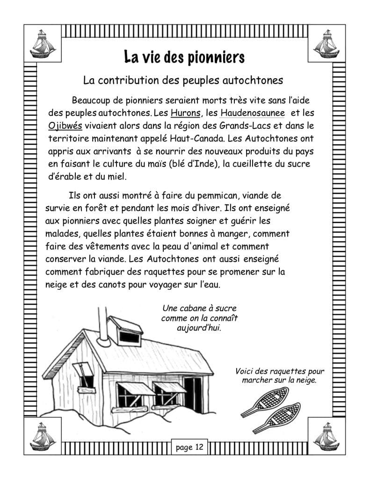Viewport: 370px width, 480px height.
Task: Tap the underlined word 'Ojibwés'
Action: tap(65, 126)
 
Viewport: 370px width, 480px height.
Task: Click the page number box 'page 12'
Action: tap(189, 447)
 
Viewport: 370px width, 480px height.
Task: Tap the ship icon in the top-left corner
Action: tap(43, 43)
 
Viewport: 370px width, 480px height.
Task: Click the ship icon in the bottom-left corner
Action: tap(43, 436)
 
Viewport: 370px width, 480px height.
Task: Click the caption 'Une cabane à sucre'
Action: tap(199, 308)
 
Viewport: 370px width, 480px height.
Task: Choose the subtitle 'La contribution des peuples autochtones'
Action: tap(183, 80)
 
